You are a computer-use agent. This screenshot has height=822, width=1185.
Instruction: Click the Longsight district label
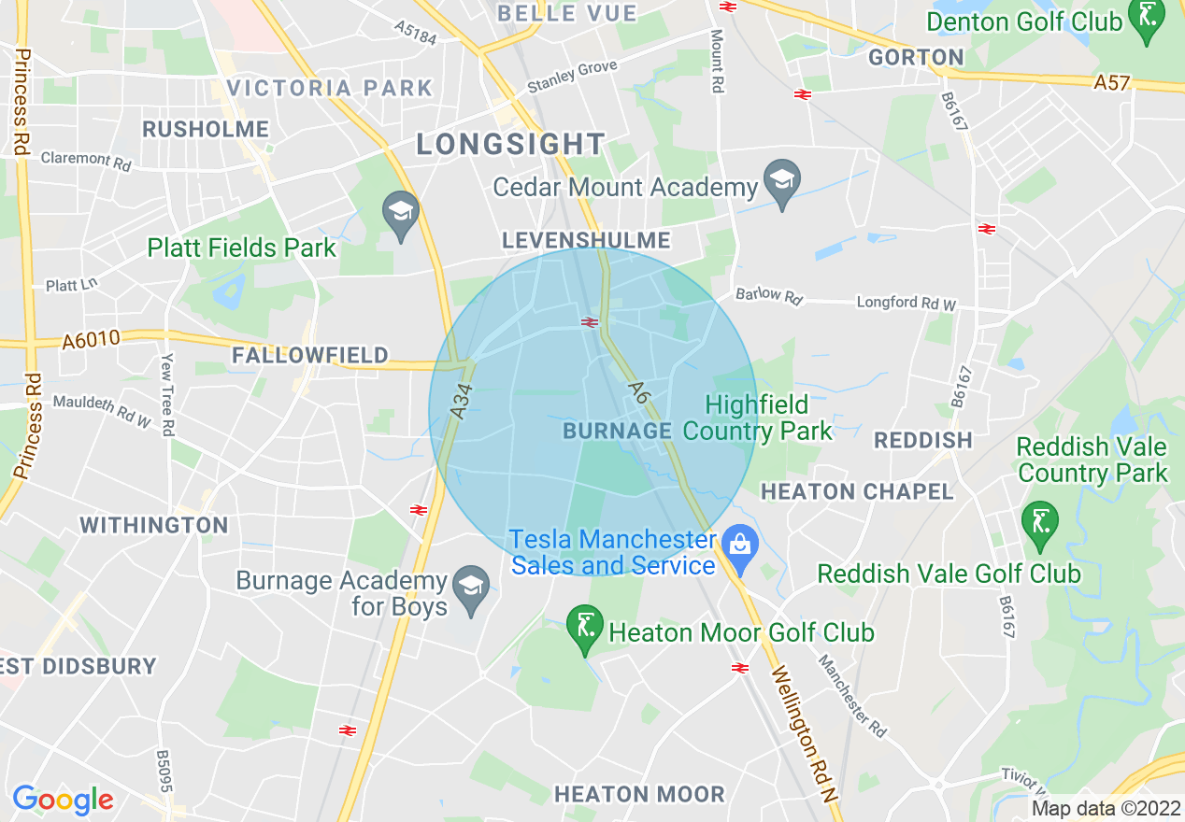coord(510,144)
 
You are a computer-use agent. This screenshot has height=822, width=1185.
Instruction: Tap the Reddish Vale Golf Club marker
coord(1038,524)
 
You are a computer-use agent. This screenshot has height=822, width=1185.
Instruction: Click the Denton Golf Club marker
coord(1145,21)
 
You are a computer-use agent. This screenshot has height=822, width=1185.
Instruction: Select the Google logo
coord(63,800)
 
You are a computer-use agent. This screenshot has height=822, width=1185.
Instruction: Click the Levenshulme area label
coord(586,240)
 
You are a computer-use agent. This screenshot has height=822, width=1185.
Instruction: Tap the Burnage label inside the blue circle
coord(618,431)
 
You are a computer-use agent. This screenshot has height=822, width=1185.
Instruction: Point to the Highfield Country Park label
coord(757,418)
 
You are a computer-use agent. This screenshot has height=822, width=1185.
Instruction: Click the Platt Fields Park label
coord(241,248)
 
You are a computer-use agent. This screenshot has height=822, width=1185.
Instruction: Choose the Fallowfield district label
coord(309,355)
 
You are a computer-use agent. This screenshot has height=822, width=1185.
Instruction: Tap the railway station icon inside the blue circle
coord(589,322)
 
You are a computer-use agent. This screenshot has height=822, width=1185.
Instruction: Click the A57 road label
coord(1112,83)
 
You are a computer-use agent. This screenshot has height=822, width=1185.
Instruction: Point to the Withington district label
coord(154,525)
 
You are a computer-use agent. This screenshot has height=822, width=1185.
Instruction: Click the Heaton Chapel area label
coord(857,491)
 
